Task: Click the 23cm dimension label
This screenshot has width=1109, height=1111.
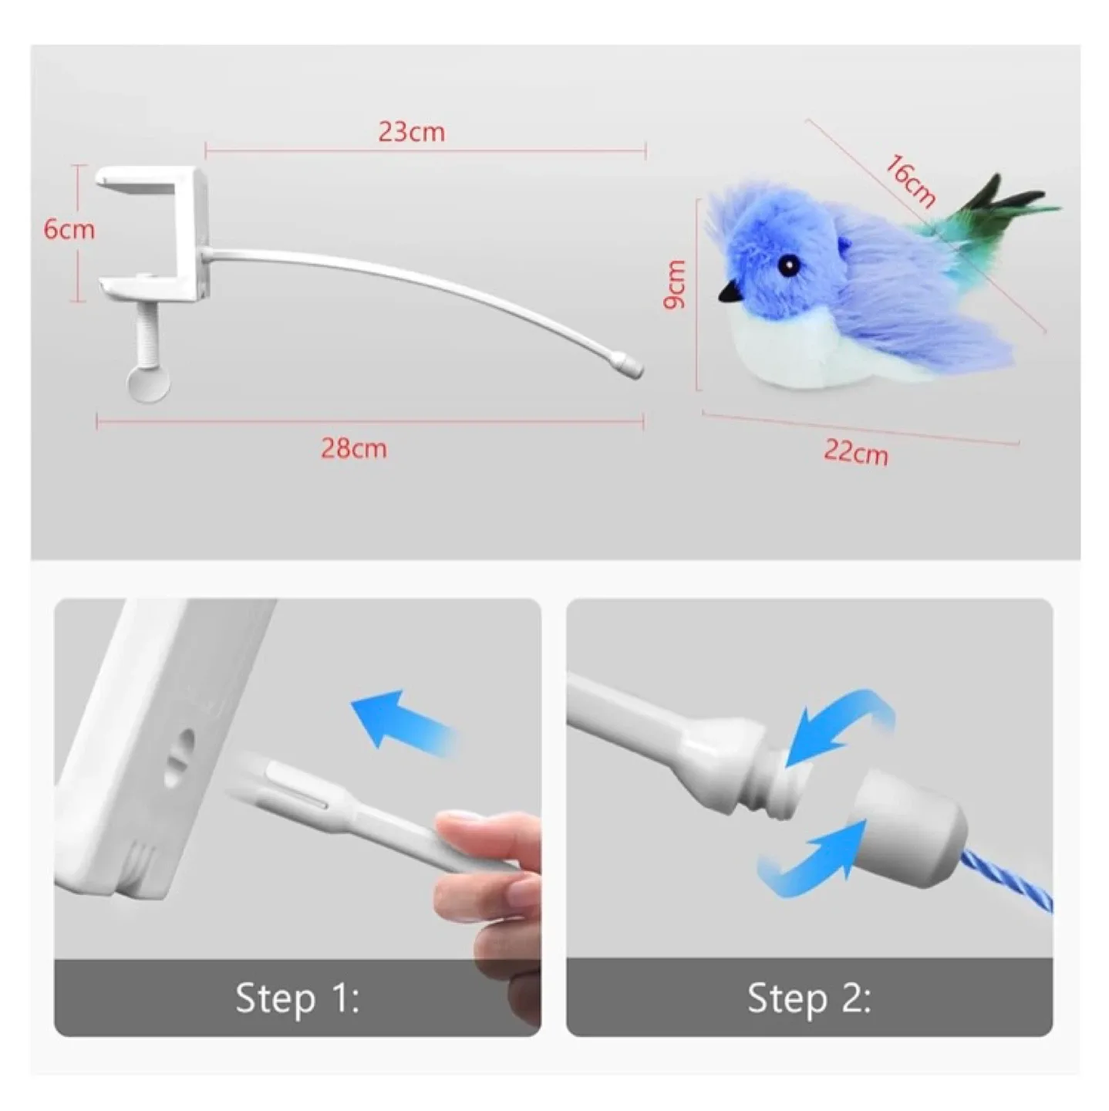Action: pyautogui.click(x=411, y=132)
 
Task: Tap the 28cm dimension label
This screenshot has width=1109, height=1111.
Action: pyautogui.click(x=353, y=448)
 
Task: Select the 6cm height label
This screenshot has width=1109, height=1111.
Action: pyautogui.click(x=69, y=230)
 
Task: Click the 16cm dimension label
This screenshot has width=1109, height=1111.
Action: pyautogui.click(x=910, y=182)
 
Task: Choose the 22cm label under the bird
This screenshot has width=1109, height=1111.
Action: pyautogui.click(x=855, y=452)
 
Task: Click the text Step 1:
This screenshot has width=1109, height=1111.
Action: pyautogui.click(x=297, y=999)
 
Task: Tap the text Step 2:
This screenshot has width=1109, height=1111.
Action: pyautogui.click(x=809, y=999)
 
